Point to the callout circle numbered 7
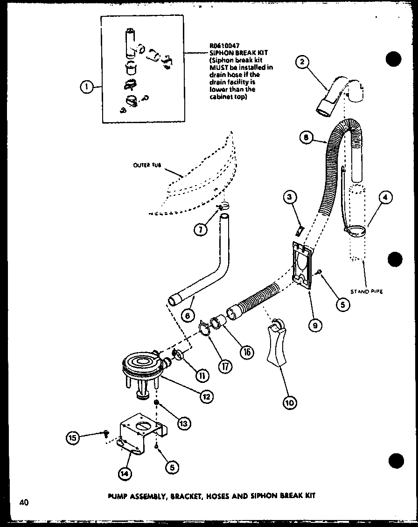201,229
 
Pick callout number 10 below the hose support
289,401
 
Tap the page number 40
24,502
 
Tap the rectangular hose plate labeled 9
301,266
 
